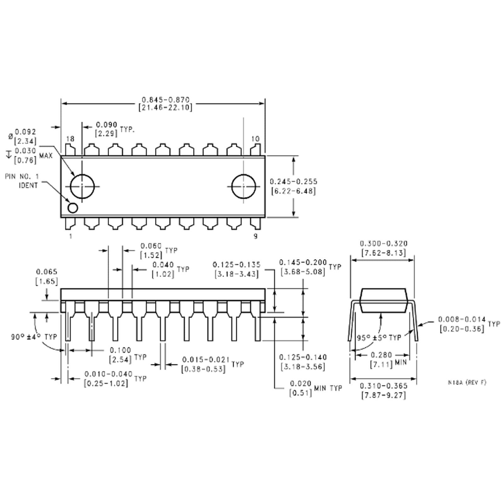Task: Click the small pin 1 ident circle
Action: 73,208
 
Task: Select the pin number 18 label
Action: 70,139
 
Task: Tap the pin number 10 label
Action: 255,139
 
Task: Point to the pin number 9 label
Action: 255,236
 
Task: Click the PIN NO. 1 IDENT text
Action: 22,181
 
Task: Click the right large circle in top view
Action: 243,186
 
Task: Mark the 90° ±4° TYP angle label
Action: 34,337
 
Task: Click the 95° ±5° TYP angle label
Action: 379,338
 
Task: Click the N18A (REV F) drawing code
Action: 467,382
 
